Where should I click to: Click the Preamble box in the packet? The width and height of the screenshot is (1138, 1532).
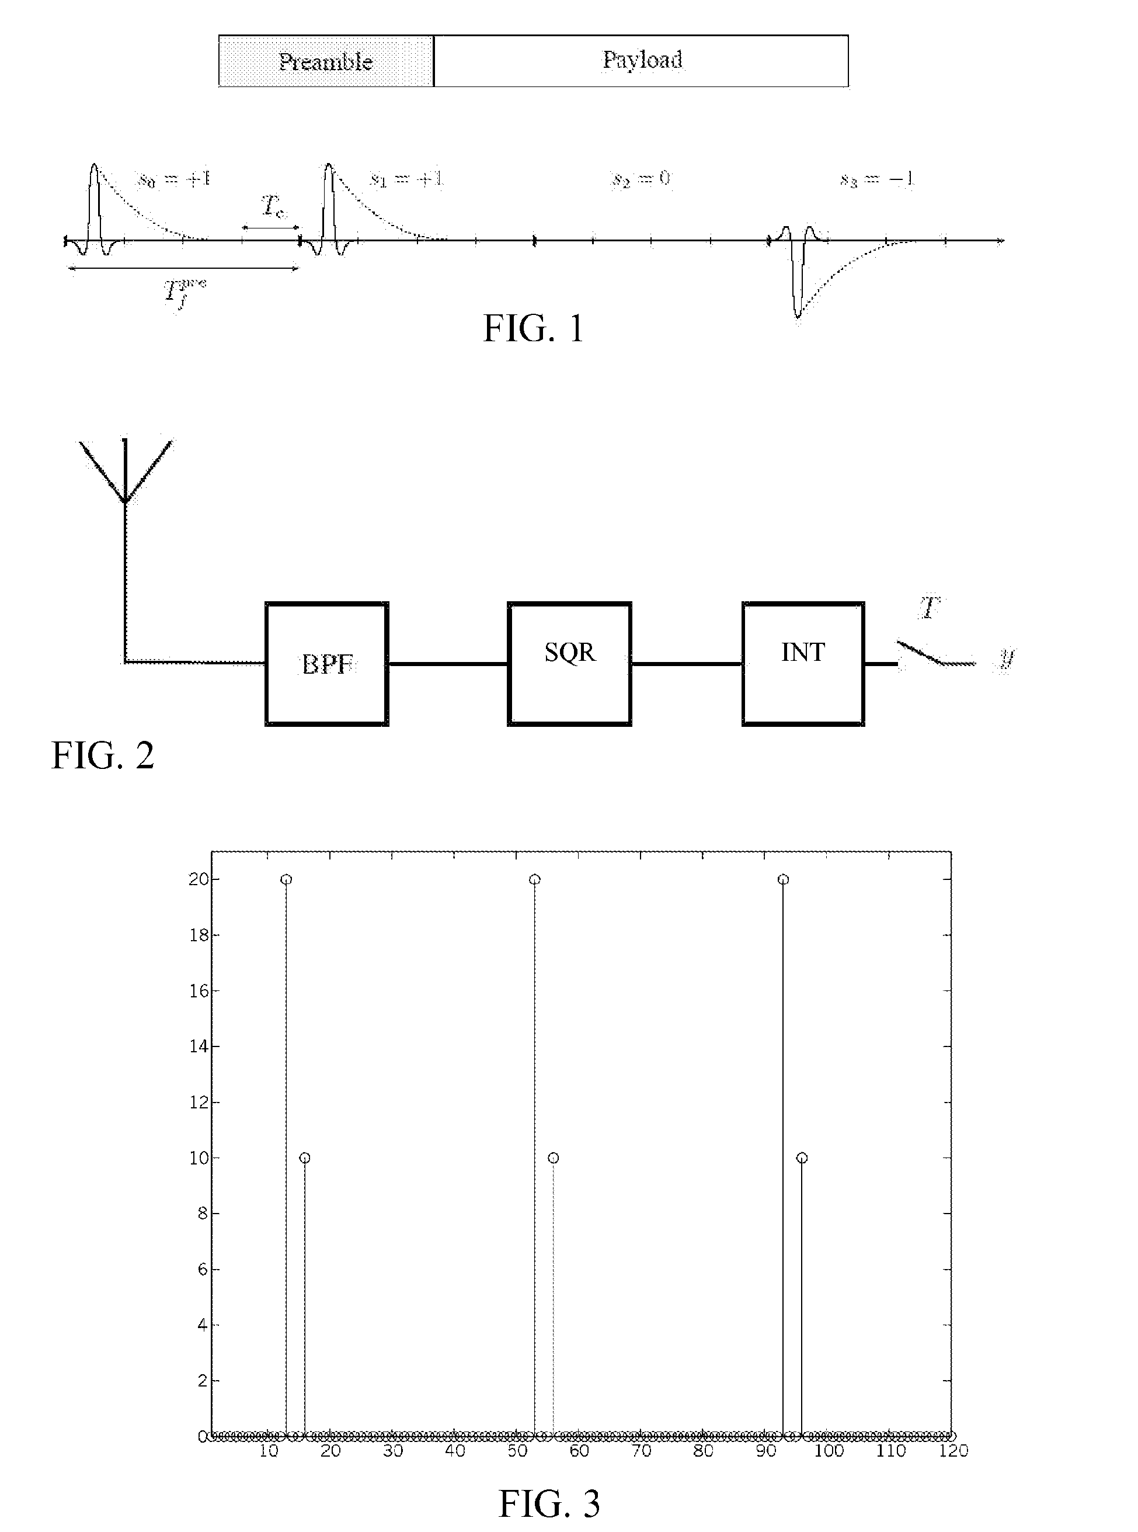pyautogui.click(x=326, y=61)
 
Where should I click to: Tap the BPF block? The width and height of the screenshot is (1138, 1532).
pyautogui.click(x=327, y=664)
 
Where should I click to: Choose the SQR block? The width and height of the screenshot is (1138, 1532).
pyautogui.click(x=570, y=664)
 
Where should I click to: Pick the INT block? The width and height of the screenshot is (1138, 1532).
pyautogui.click(x=803, y=664)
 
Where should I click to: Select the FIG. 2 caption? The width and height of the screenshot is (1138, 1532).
pyautogui.click(x=103, y=756)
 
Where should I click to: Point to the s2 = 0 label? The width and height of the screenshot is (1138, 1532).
pyautogui.click(x=641, y=179)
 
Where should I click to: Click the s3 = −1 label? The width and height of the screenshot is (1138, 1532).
pyautogui.click(x=877, y=180)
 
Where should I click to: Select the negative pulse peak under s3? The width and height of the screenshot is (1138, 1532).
pyautogui.click(x=798, y=315)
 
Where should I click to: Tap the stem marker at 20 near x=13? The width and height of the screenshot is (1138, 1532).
pyautogui.click(x=287, y=879)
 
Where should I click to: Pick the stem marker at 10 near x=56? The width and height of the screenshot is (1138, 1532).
pyautogui.click(x=553, y=1158)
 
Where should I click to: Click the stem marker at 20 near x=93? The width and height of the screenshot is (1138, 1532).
pyautogui.click(x=783, y=879)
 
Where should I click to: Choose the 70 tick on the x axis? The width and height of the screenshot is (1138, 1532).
pyautogui.click(x=641, y=1451)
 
